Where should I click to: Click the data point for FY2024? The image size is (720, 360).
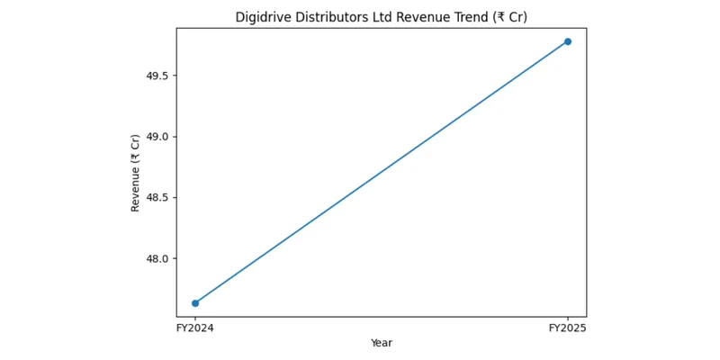pos(195,303)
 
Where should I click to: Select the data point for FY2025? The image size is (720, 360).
pos(568,41)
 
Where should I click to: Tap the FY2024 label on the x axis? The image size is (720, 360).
pos(195,328)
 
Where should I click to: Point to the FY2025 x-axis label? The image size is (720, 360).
pos(568,328)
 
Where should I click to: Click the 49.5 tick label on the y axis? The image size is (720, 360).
pos(156,76)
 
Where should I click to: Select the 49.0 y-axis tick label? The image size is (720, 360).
pos(156,137)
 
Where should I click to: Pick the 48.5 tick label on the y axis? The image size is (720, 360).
pos(156,197)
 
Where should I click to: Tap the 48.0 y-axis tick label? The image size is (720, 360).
pos(156,258)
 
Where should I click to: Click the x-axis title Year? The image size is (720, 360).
pos(382,343)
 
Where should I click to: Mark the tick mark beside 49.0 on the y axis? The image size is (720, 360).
pos(175,137)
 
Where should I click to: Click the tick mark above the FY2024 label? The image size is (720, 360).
pos(195,319)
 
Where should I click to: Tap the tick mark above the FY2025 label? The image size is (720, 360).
pos(568,319)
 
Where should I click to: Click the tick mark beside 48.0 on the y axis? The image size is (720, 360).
pos(175,258)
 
